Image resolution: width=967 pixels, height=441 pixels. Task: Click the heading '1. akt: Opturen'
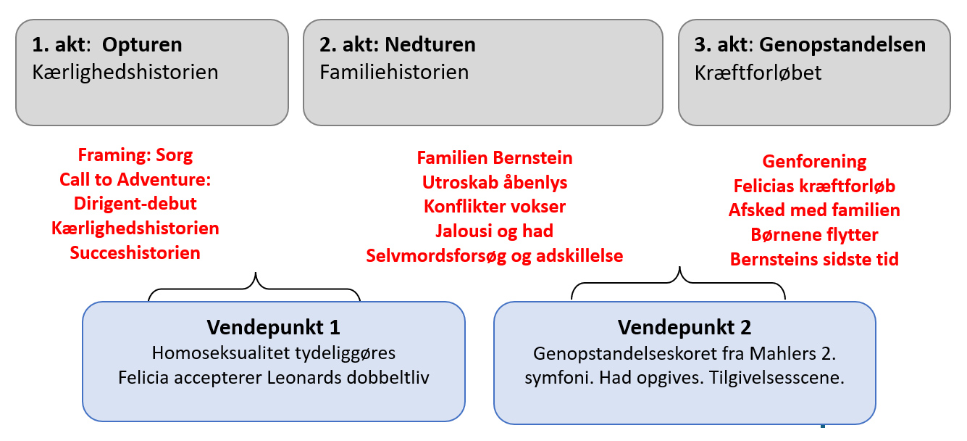click(107, 45)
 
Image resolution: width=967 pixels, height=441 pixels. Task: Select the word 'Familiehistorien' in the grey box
click(394, 73)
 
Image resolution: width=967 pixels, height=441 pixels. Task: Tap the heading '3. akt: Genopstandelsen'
click(810, 45)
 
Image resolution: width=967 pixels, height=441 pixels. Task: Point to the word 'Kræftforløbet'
click(758, 73)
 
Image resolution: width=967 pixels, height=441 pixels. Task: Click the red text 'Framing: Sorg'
click(135, 155)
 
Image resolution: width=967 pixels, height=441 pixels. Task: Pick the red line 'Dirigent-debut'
click(135, 204)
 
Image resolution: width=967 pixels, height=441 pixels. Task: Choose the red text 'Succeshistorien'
click(135, 253)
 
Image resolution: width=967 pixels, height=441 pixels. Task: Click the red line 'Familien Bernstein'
click(495, 158)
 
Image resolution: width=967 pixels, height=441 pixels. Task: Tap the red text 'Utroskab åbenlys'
click(495, 183)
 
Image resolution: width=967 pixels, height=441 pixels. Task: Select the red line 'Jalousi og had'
click(495, 231)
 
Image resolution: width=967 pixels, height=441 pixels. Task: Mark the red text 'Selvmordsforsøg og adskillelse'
click(495, 256)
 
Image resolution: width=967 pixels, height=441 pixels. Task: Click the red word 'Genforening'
click(814, 162)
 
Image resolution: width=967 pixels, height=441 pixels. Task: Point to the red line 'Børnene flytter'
click(814, 235)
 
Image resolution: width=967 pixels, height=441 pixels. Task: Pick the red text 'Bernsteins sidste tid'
click(814, 260)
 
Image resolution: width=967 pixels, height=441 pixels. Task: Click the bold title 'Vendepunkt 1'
click(273, 327)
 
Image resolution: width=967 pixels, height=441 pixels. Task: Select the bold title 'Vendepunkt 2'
click(685, 327)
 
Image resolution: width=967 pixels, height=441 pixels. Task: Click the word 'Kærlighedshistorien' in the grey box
click(125, 73)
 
